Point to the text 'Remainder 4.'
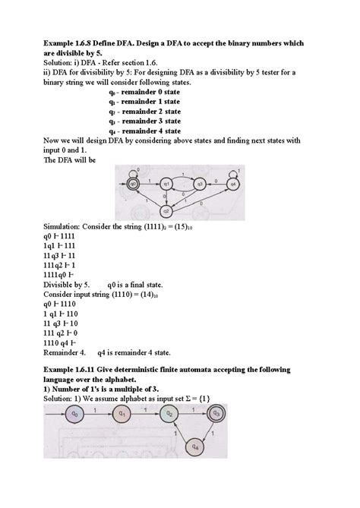65,341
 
